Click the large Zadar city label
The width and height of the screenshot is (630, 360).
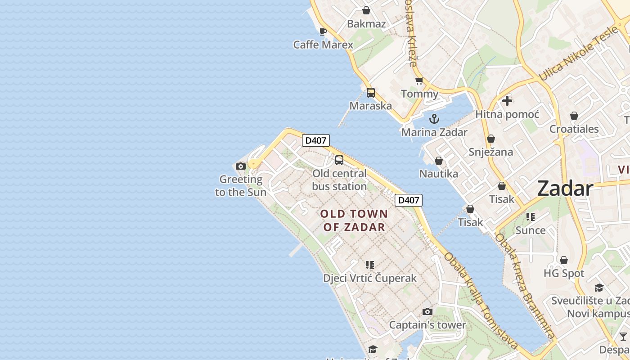pos(565,189)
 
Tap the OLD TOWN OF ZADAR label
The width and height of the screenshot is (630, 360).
pos(354,220)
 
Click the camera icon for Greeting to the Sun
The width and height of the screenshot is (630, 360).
pos(241,166)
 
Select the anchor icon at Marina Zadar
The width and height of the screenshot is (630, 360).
pos(434,119)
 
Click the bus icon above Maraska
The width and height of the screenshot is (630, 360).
pos(370,93)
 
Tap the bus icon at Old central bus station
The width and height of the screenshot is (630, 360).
pos(339,160)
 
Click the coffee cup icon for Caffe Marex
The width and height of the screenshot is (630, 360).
pos(323,31)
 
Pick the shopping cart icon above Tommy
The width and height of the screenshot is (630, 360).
pos(419,81)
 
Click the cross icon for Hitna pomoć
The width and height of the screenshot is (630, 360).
pos(507,101)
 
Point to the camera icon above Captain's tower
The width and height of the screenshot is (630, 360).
pos(427,311)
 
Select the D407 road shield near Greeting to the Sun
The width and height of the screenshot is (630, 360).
pos(315,140)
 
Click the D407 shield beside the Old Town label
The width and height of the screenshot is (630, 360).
pos(409,200)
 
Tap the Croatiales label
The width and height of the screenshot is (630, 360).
pos(574,129)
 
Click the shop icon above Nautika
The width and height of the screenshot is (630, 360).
pos(439,161)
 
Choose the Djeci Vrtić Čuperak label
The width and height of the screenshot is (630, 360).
pos(370,278)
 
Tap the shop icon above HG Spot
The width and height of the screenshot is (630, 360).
pos(563,260)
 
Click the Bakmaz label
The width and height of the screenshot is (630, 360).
pos(366,24)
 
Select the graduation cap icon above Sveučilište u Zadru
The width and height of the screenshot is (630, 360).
pos(599,288)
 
